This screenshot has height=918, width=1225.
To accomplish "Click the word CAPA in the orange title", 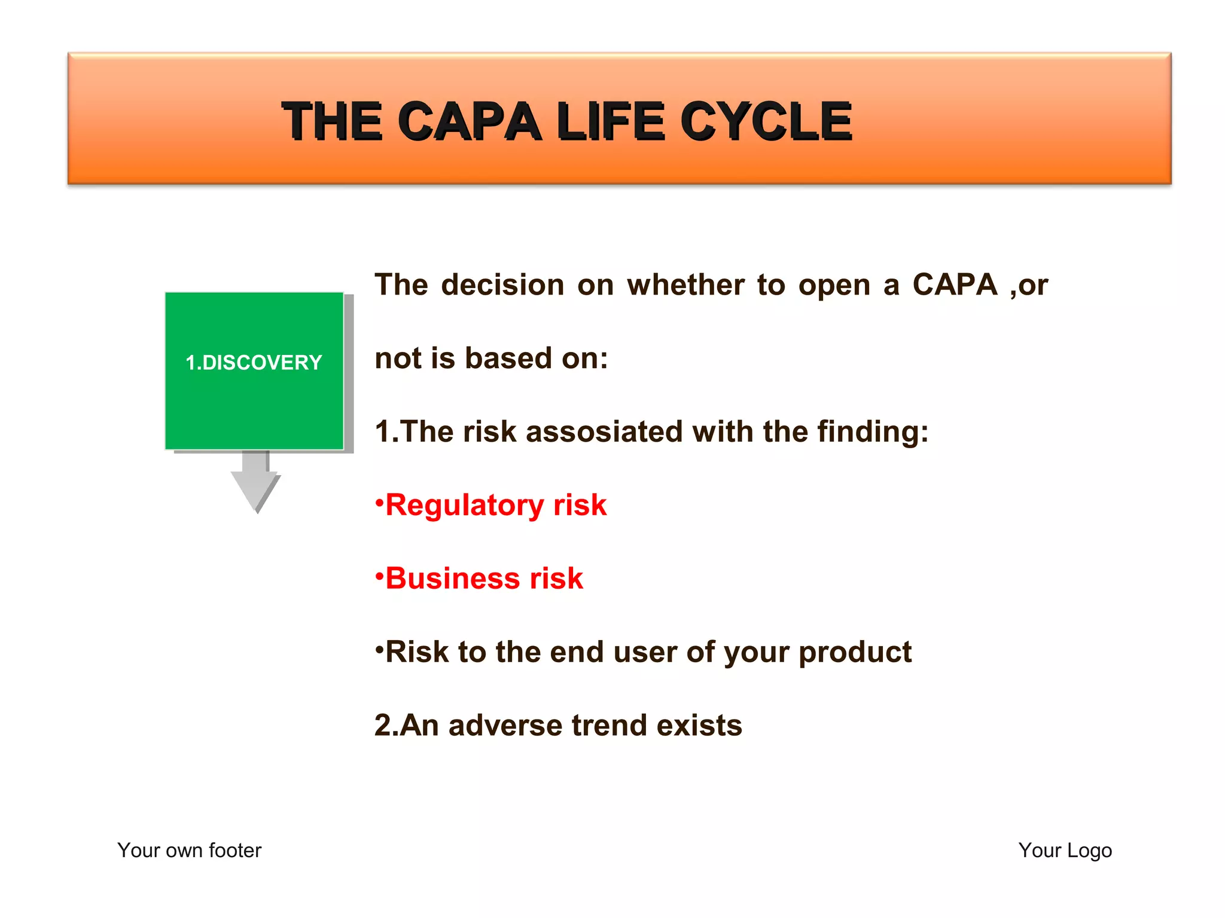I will click(x=468, y=122).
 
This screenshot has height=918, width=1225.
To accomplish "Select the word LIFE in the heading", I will click(x=610, y=122).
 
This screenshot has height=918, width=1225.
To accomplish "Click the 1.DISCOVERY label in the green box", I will click(x=254, y=363).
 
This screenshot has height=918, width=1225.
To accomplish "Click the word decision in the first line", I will click(x=502, y=285).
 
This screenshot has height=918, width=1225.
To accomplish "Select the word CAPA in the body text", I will click(x=955, y=285).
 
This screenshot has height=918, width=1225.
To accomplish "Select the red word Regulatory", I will click(x=464, y=506).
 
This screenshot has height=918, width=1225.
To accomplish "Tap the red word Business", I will click(x=452, y=579).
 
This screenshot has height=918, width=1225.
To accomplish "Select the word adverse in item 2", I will click(x=505, y=726).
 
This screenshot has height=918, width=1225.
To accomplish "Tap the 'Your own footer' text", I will click(x=189, y=850).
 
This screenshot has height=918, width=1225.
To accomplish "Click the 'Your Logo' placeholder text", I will click(x=1065, y=850).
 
